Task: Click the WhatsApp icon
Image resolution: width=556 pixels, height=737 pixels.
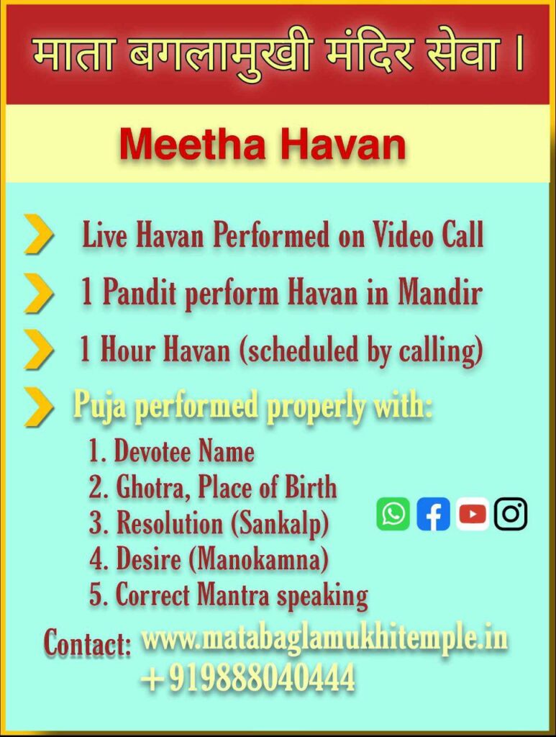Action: pos(393,514)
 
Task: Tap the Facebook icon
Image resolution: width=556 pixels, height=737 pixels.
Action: pos(432,514)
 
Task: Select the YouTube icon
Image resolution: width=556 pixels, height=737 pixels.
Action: pos(473,514)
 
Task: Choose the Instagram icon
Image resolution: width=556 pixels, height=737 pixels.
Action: pos(511,514)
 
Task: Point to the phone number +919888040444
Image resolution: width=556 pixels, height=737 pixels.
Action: pos(248,677)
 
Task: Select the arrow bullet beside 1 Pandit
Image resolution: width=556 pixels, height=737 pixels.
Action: pos(39,292)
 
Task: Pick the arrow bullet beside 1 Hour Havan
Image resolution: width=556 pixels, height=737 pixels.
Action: pos(39,349)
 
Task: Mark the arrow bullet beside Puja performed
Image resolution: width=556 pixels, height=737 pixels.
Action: pos(39,407)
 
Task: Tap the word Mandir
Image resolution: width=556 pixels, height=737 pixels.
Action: pos(440,292)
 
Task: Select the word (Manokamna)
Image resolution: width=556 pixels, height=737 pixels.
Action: pos(259,559)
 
